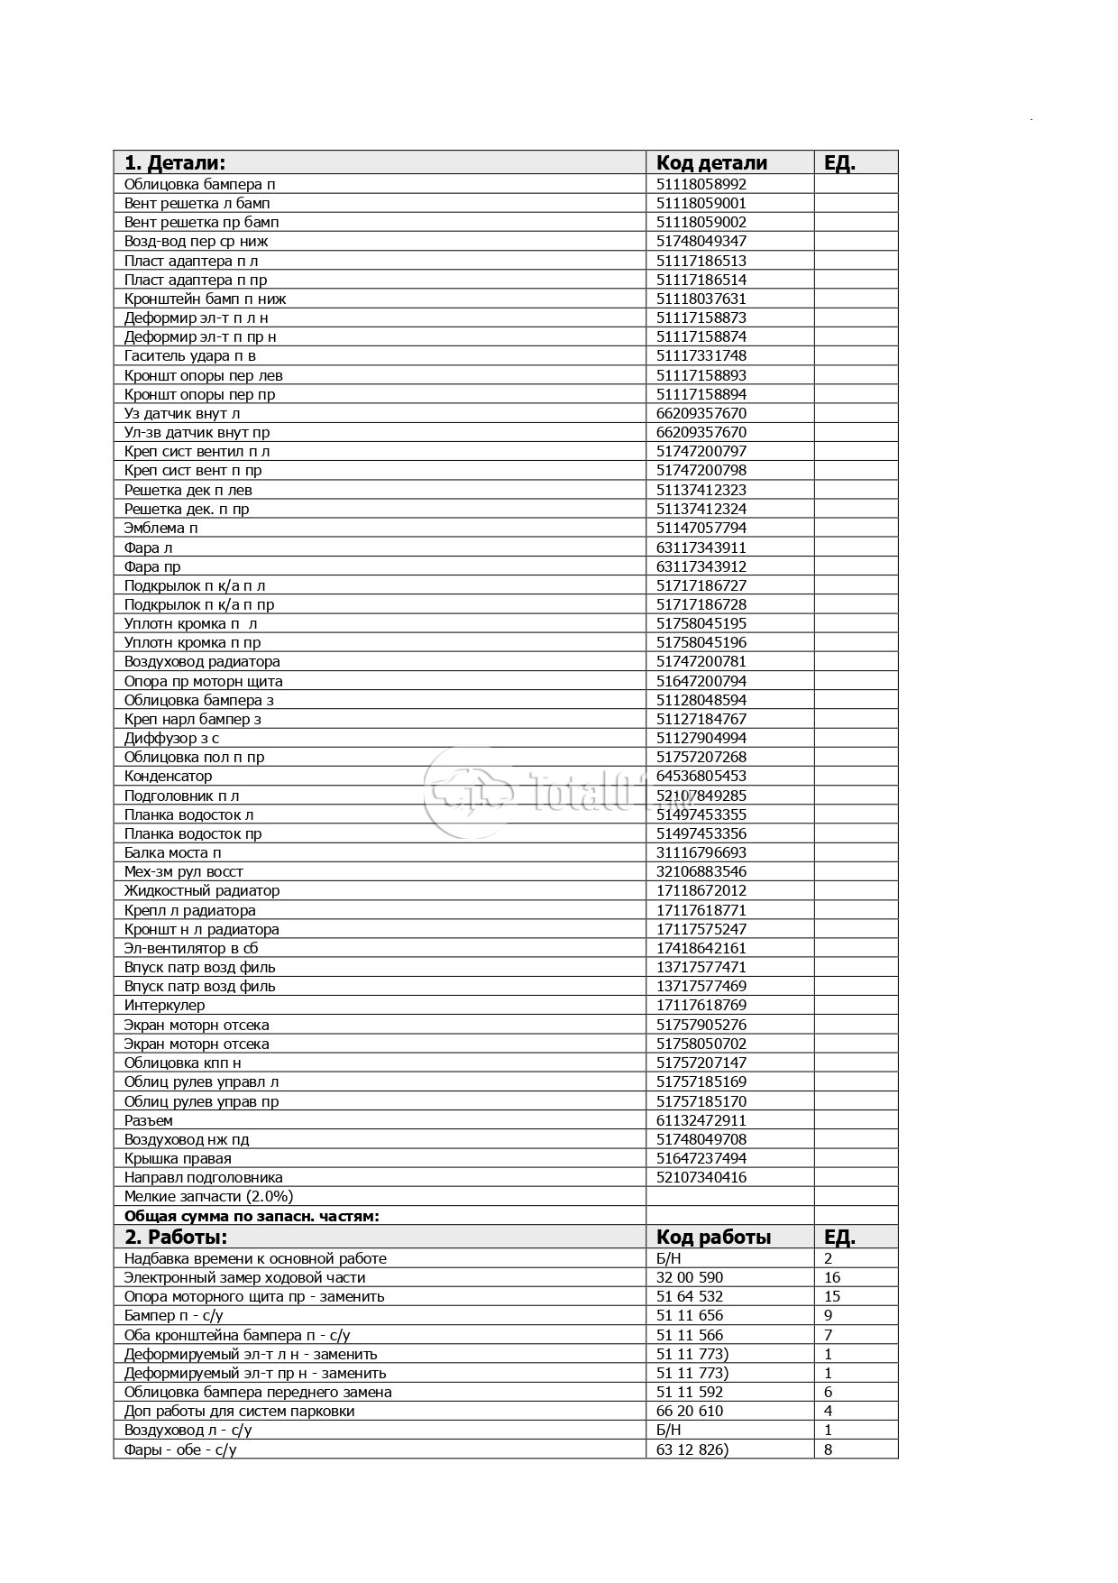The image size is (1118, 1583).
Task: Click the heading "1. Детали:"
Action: pyautogui.click(x=174, y=162)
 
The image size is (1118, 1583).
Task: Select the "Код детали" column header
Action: pyautogui.click(x=711, y=162)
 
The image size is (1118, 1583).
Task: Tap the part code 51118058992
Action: pyautogui.click(x=701, y=184)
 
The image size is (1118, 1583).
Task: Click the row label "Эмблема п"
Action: pyautogui.click(x=160, y=528)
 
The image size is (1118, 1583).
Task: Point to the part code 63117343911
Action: pyautogui.click(x=701, y=548)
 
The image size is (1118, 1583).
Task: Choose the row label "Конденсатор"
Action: pyautogui.click(x=168, y=776)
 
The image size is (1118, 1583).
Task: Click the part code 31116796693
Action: pyautogui.click(x=701, y=852)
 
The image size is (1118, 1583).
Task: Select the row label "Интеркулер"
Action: pyautogui.click(x=164, y=1005)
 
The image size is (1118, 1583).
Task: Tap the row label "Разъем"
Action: pyautogui.click(x=148, y=1120)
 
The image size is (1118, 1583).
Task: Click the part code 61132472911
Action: pyautogui.click(x=701, y=1120)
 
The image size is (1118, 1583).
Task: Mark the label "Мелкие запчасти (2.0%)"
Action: pyautogui.click(x=208, y=1196)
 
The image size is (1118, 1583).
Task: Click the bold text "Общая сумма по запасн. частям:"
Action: pyautogui.click(x=252, y=1216)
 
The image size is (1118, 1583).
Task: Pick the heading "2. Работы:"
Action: pyautogui.click(x=176, y=1237)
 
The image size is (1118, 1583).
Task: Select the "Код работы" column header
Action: pyautogui.click(x=713, y=1237)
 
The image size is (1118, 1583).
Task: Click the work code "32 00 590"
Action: pyautogui.click(x=689, y=1277)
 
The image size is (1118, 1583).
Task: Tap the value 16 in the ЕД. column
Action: pyautogui.click(x=831, y=1277)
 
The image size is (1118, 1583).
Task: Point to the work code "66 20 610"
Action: pyautogui.click(x=689, y=1411)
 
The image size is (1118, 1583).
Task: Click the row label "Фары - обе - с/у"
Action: pyautogui.click(x=180, y=1450)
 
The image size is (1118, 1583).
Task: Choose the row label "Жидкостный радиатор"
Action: pyautogui.click(x=201, y=890)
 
